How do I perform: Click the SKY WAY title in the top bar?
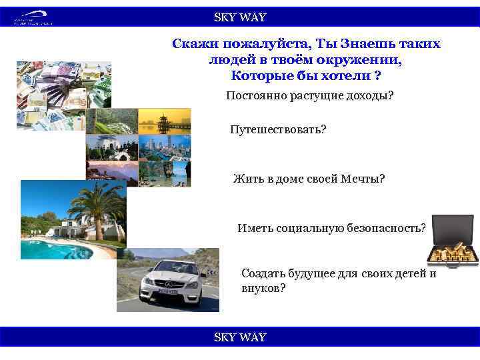point(239,17)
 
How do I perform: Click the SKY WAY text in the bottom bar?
point(239,337)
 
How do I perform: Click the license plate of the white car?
point(169,292)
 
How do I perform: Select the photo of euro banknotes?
point(63,93)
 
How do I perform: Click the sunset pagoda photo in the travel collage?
point(164,121)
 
